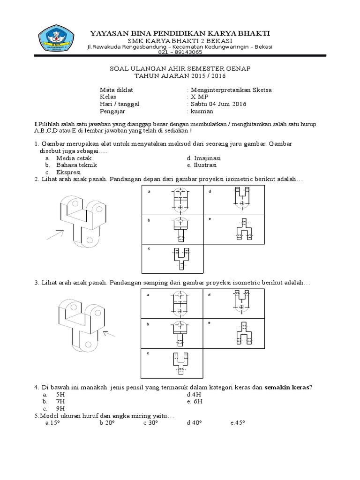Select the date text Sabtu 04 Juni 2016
point(217,104)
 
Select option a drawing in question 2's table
point(180,200)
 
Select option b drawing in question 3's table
point(180,331)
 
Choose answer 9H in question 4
point(60,408)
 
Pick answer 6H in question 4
point(197,402)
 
